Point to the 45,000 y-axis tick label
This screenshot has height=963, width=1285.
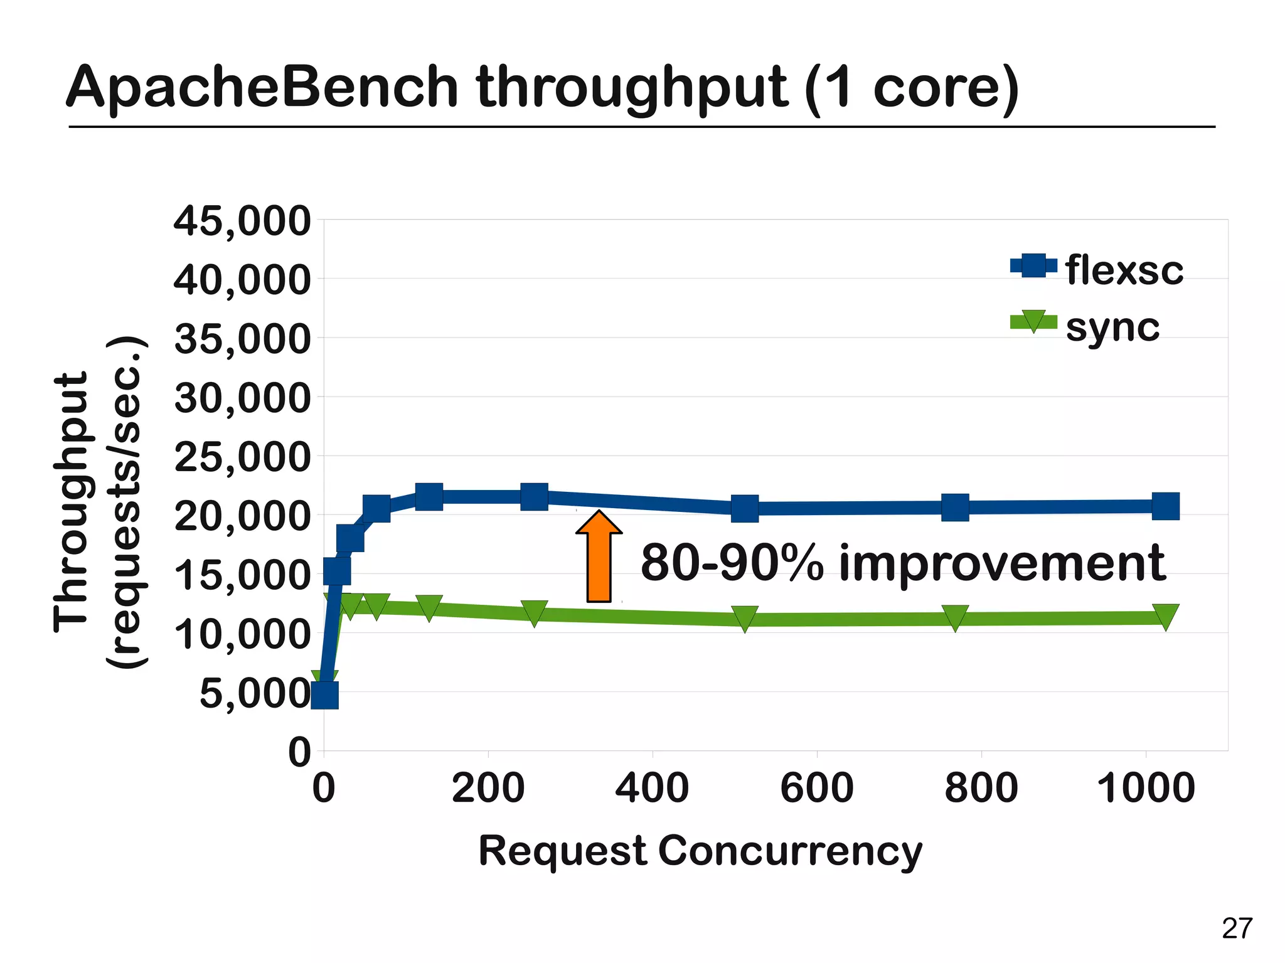click(242, 221)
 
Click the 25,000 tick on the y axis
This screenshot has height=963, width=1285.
click(242, 457)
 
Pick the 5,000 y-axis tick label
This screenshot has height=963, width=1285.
click(254, 694)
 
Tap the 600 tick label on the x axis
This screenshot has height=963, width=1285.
click(816, 788)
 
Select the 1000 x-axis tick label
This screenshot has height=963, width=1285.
click(1146, 788)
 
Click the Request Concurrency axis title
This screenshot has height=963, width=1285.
click(700, 852)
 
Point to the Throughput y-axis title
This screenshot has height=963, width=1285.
click(70, 502)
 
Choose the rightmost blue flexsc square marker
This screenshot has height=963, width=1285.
click(1166, 506)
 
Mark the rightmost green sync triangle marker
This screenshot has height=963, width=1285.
click(1166, 616)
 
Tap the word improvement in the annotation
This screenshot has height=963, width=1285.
click(1002, 563)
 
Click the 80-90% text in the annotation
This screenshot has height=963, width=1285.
click(732, 563)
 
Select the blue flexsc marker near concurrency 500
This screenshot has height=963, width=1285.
click(745, 508)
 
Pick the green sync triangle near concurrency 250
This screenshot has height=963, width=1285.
click(534, 612)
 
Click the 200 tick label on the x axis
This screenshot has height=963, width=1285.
click(488, 788)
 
